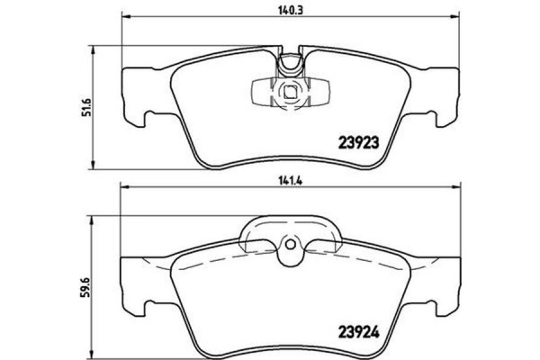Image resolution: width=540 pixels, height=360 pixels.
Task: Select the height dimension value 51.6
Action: pos(88,105)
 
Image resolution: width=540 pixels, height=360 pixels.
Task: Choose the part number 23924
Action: pos(364,329)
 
